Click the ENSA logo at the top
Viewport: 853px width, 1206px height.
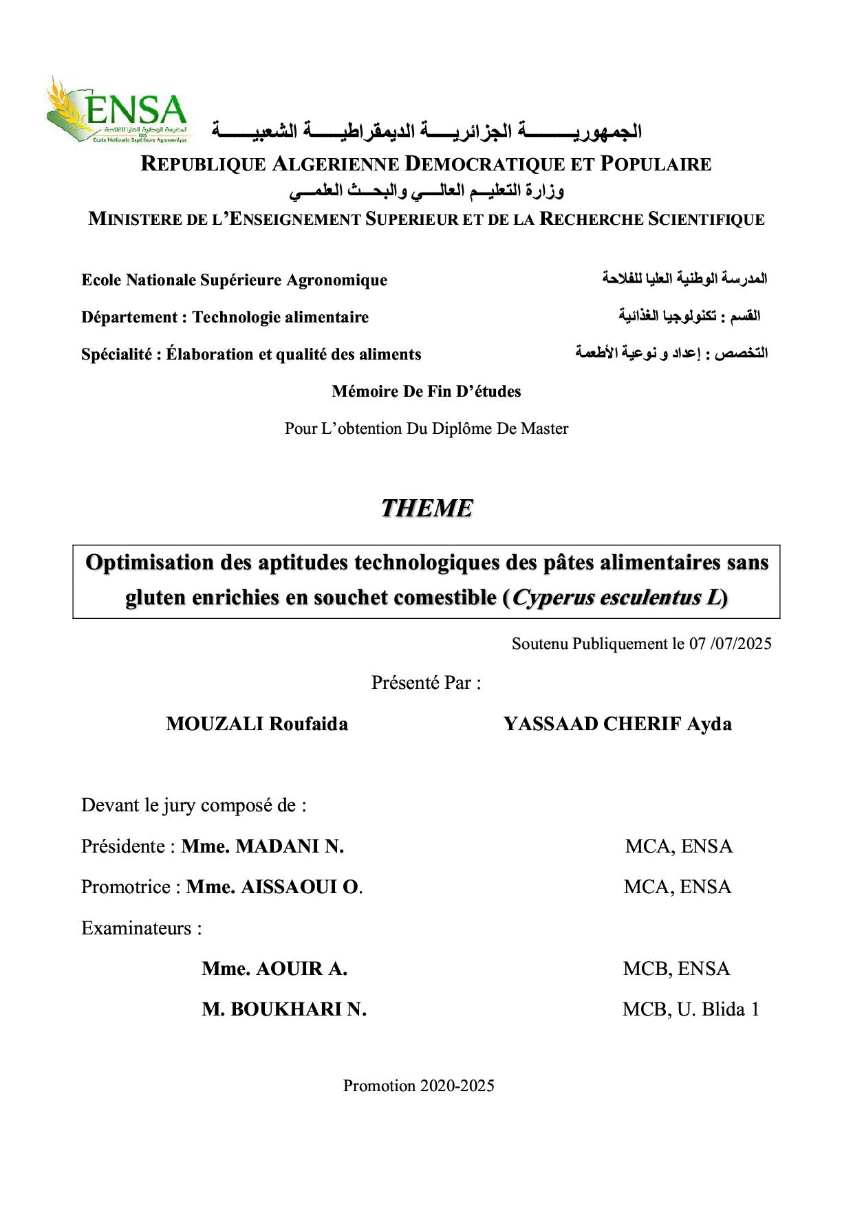[x=117, y=110]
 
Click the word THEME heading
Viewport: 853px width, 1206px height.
[x=426, y=508]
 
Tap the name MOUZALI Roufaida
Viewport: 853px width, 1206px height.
[x=257, y=724]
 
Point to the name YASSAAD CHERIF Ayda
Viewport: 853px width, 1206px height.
[x=617, y=724]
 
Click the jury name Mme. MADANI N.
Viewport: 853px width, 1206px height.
[x=262, y=846]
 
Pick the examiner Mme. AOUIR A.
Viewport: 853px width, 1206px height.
[x=274, y=969]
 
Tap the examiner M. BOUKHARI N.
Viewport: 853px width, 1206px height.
[x=283, y=1009]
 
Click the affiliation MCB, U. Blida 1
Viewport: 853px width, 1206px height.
[x=691, y=1009]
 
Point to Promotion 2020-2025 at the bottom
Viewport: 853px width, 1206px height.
[x=418, y=1086]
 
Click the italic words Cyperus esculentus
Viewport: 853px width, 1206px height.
[x=606, y=597]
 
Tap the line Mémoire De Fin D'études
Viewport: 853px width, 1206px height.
[x=426, y=391]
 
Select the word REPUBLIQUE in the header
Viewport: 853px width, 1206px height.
[x=203, y=164]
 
